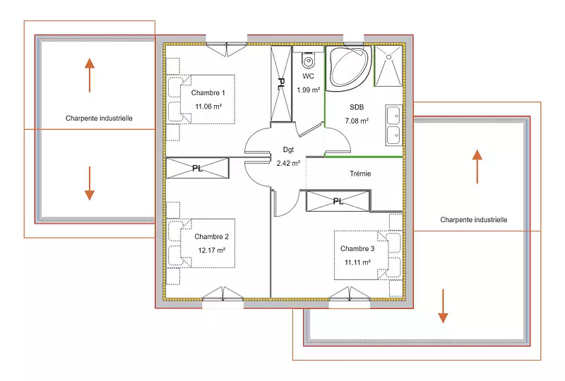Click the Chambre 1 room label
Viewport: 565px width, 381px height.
[x=208, y=92]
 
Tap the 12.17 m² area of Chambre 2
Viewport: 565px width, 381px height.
[x=211, y=250]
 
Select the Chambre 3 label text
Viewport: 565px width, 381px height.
[x=357, y=248]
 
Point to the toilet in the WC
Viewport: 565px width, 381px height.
[x=309, y=61]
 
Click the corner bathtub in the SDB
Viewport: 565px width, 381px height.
[x=349, y=67]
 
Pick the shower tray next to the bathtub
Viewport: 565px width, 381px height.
[x=388, y=66]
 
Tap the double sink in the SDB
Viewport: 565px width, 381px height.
[x=394, y=125]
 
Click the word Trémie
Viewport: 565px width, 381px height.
[x=360, y=174]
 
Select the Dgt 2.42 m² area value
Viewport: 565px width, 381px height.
[x=288, y=163]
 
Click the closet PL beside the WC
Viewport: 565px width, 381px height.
[x=281, y=83]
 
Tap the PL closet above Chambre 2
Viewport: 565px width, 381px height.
[x=198, y=168]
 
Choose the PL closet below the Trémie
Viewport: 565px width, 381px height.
[x=338, y=201]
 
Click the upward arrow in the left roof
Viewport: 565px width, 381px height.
[x=90, y=75]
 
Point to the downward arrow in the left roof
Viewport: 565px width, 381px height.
[x=90, y=183]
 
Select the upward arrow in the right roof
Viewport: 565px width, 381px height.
[x=477, y=167]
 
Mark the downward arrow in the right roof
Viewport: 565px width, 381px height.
[x=443, y=306]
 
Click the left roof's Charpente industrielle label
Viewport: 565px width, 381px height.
[x=99, y=118]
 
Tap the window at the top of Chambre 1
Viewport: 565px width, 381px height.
[x=226, y=49]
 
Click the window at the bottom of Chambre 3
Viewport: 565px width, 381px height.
[x=349, y=294]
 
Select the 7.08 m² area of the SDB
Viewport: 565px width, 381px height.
[x=357, y=121]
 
